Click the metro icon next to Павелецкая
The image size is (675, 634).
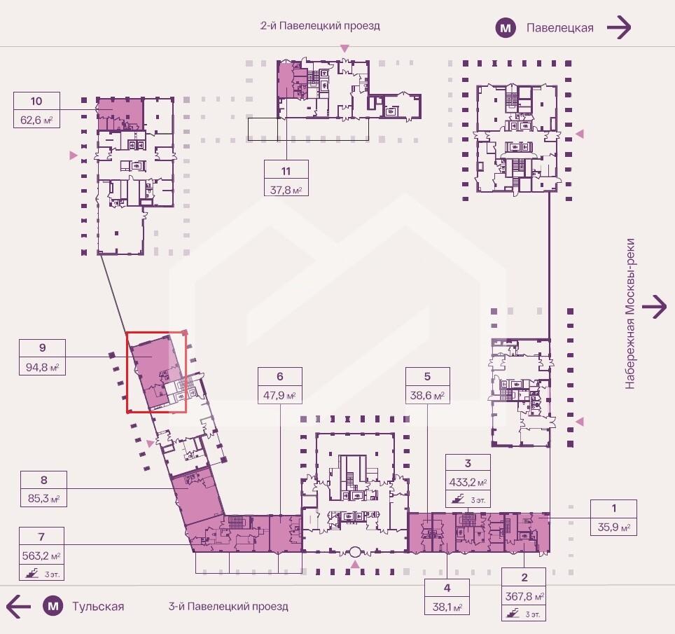[506, 28]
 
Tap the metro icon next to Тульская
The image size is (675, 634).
[53, 607]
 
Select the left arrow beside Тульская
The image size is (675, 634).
[18, 607]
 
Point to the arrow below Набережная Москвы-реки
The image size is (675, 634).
[654, 307]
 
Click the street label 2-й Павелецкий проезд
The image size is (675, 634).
[320, 25]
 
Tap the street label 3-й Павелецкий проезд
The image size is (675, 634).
[228, 607]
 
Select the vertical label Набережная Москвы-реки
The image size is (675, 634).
[629, 314]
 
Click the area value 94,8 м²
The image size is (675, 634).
[42, 367]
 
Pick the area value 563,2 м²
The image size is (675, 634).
[41, 556]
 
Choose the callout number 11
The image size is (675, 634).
[286, 171]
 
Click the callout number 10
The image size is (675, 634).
[36, 101]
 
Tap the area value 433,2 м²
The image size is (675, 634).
[468, 483]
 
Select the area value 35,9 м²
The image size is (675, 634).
[614, 527]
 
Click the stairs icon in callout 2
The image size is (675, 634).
[513, 613]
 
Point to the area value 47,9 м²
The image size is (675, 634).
[280, 394]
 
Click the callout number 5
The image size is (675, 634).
[427, 376]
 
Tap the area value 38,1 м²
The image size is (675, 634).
[447, 607]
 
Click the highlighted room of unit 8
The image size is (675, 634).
[197, 495]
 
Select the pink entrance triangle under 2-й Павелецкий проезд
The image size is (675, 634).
[345, 48]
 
